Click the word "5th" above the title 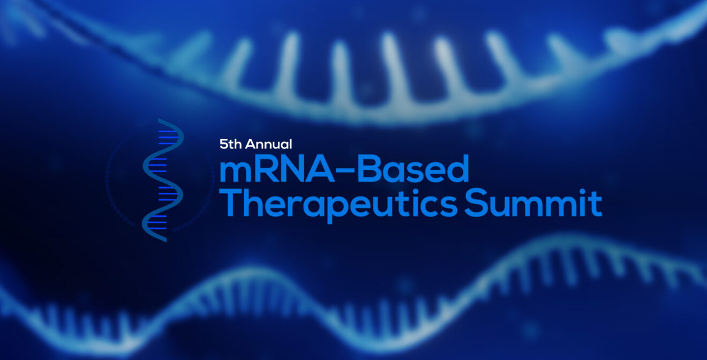click(231, 144)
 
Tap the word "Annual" click(268, 144)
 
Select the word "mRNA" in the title click(277, 169)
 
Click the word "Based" click(413, 169)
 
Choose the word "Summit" click(533, 202)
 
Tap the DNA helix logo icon click(162, 180)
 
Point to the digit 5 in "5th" click(223, 144)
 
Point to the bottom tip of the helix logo click(166, 241)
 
